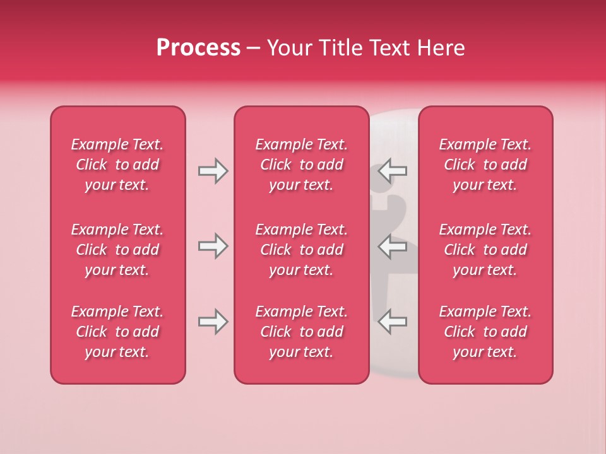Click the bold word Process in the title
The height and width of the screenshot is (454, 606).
198,48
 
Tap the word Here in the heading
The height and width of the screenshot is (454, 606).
441,48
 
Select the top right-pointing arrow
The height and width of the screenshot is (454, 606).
213,171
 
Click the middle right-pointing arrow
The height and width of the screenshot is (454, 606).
213,246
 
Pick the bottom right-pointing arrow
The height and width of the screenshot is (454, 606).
213,322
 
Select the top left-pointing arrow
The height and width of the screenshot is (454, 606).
393,171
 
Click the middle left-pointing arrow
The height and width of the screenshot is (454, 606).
393,246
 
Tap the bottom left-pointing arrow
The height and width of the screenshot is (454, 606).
393,322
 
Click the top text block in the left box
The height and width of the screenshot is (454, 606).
117,165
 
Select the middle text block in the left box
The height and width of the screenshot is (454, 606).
117,250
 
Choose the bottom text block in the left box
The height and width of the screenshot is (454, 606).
117,332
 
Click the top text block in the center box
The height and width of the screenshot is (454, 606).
301,165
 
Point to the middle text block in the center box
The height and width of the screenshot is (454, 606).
301,250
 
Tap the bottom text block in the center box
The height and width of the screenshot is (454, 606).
301,332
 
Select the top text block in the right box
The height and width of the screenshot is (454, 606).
485,165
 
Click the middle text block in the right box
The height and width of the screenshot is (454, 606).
485,250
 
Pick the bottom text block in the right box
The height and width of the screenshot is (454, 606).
485,332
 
